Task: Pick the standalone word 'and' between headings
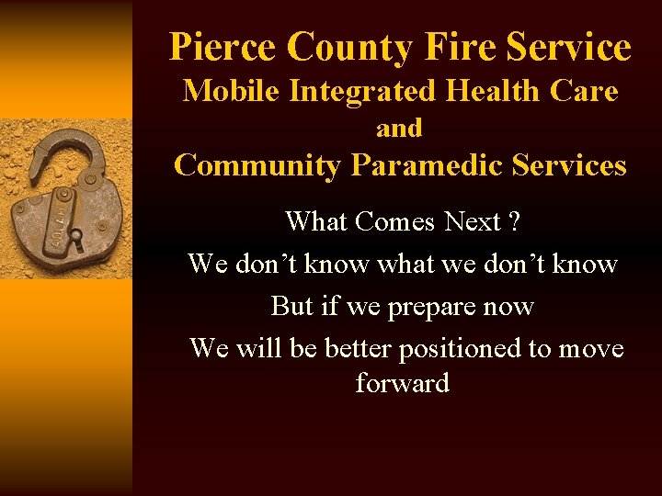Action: click(399, 129)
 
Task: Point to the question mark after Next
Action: click(513, 221)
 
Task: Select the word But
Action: click(292, 306)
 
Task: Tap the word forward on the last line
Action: click(402, 382)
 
